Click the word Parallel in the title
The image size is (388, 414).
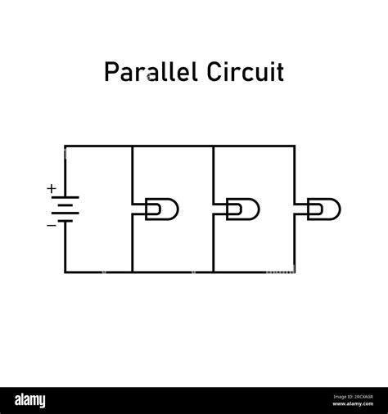[146, 72]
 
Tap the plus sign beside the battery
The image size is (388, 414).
[52, 189]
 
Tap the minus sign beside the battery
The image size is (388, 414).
[52, 223]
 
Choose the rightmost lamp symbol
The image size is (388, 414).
[323, 209]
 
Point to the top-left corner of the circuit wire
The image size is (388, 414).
[65, 146]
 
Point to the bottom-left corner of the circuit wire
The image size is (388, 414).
[65, 272]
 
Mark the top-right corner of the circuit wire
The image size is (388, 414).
[294, 146]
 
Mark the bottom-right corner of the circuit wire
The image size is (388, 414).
[294, 272]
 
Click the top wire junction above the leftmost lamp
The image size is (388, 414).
[132, 146]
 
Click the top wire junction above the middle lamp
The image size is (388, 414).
[213, 146]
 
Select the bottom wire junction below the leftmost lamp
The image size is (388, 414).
[132, 272]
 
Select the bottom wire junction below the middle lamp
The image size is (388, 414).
[213, 272]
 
